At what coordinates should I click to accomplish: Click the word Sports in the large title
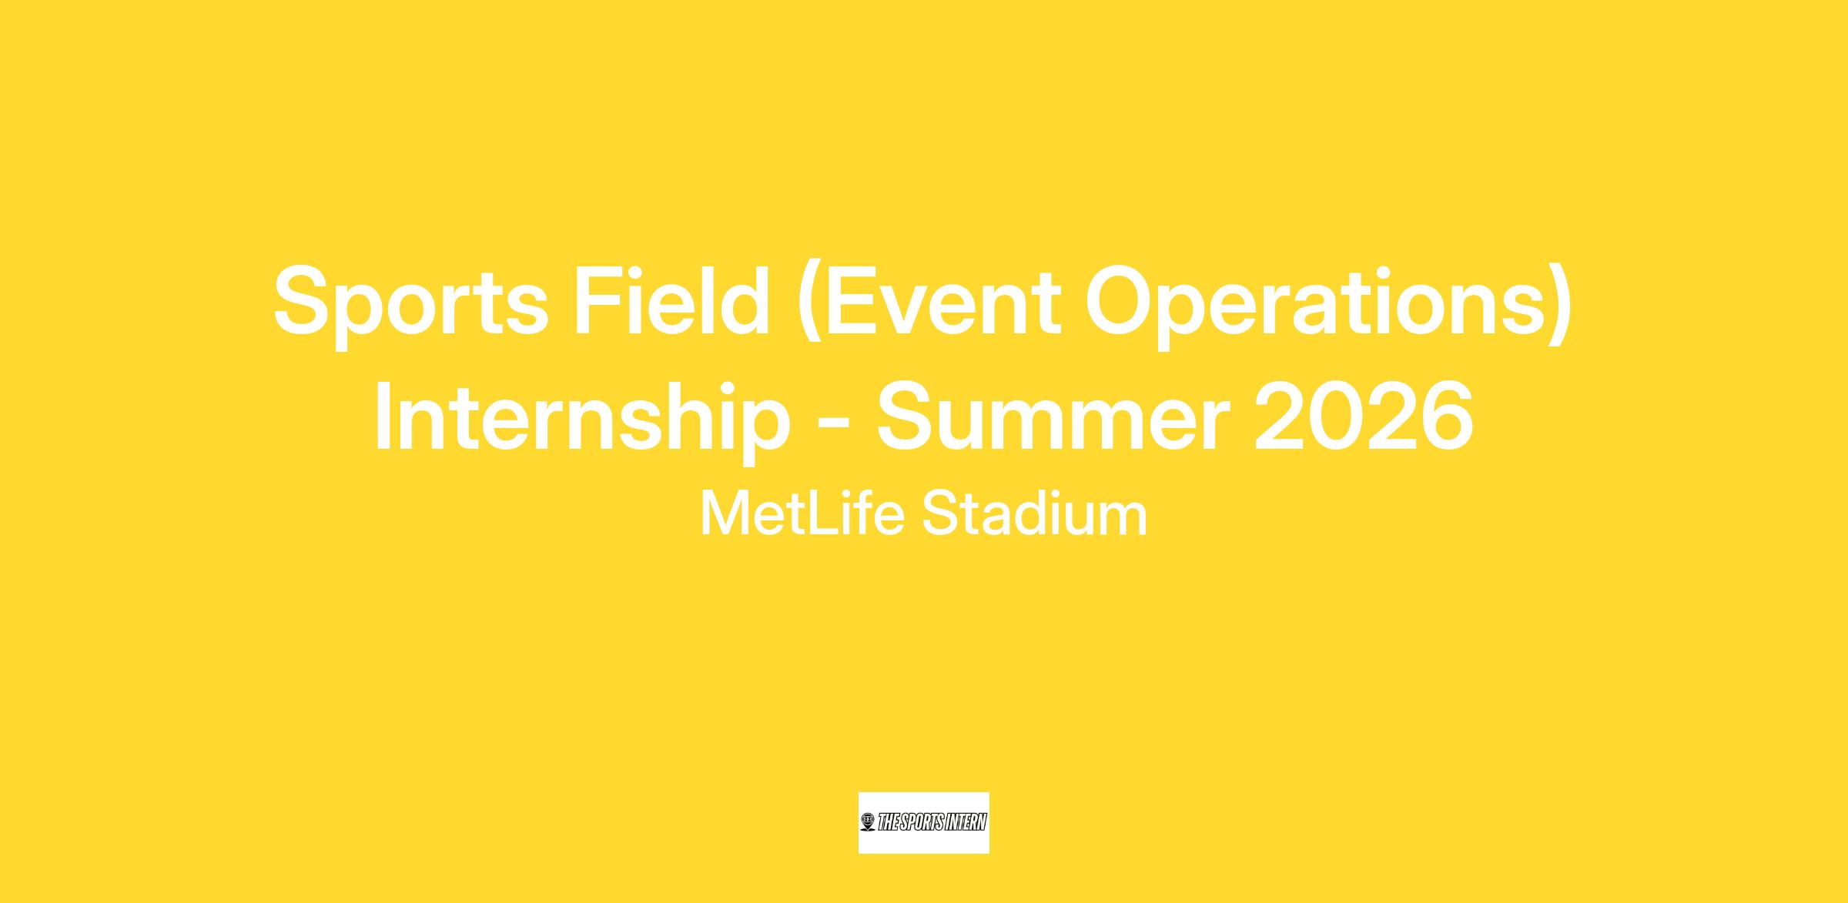click(x=410, y=306)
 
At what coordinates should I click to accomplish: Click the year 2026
click(x=1364, y=416)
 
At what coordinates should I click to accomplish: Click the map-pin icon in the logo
click(x=869, y=822)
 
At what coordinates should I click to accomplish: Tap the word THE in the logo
click(x=889, y=823)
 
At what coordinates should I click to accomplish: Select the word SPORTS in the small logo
click(x=922, y=823)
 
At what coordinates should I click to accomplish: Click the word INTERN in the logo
click(x=966, y=823)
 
